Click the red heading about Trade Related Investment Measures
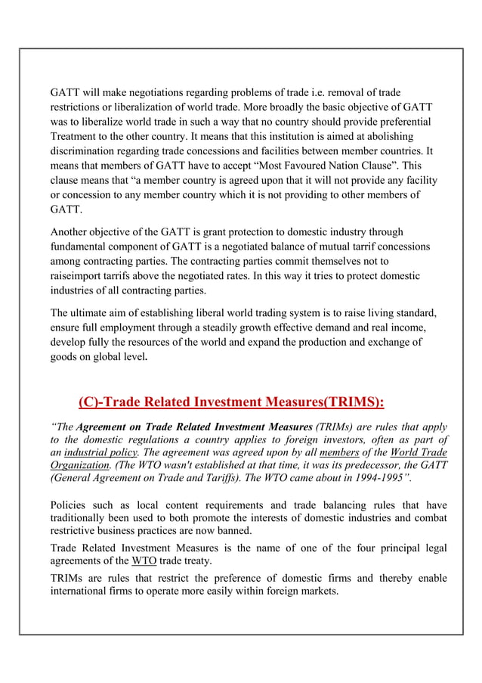pos(231,402)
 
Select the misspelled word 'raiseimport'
pos(77,276)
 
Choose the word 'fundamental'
pos(81,247)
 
